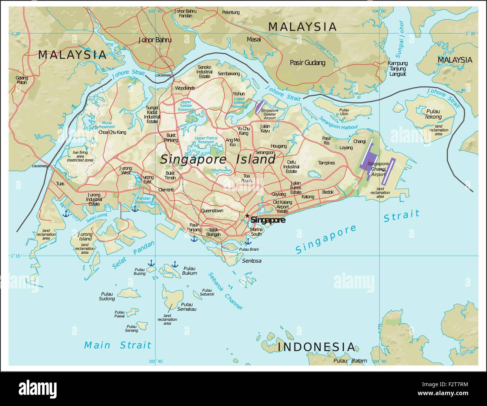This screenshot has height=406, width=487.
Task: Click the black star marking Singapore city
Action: point(247,216)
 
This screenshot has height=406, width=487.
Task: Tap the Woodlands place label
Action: point(185,88)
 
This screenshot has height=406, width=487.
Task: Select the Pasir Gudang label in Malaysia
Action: point(307,62)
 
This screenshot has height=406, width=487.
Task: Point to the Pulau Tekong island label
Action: point(433,114)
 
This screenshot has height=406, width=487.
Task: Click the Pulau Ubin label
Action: point(344,112)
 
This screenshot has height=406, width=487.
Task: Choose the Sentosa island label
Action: point(252,260)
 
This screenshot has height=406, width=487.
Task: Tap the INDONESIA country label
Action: point(316,347)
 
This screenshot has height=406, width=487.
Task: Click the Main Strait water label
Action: point(118,345)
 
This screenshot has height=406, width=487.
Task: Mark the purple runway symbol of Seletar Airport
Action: point(259,107)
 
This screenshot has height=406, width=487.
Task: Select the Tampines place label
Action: point(326,163)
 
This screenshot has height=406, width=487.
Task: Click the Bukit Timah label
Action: point(170,175)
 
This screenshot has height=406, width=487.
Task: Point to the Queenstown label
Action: point(212,211)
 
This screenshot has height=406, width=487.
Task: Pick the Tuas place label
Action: point(60,183)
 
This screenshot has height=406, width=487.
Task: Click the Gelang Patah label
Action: point(22,80)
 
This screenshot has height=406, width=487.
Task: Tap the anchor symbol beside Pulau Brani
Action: point(248,242)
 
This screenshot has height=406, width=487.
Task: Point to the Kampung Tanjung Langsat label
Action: point(397,68)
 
